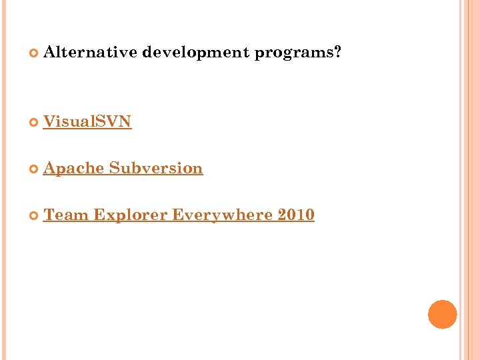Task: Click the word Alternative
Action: click(90, 53)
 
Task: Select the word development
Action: click(196, 53)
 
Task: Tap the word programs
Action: click(293, 53)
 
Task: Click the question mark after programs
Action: click(337, 53)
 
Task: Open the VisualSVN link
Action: click(87, 121)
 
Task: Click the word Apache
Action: click(73, 168)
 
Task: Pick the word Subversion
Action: click(156, 168)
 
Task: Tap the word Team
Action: click(66, 215)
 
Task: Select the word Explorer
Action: click(131, 215)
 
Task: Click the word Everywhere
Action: click(223, 215)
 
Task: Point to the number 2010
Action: click(296, 215)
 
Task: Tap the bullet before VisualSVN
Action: click(34, 122)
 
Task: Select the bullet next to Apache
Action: click(34, 169)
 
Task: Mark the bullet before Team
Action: click(34, 215)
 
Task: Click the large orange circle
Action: click(442, 314)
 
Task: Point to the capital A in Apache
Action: click(49, 168)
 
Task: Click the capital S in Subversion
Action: click(114, 168)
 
